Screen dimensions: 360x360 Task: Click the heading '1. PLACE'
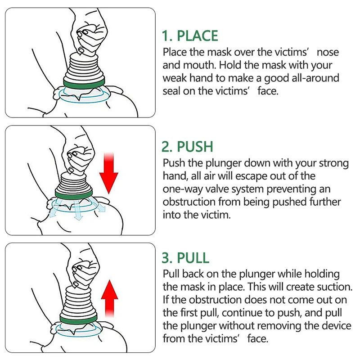[x=190, y=36]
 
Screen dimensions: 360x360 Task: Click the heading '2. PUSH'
[x=187, y=147]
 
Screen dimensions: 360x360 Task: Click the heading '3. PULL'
[x=185, y=258]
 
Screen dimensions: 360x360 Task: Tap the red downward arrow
[x=109, y=171]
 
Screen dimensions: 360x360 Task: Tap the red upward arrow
[x=108, y=297]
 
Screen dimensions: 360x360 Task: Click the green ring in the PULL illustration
[x=79, y=320]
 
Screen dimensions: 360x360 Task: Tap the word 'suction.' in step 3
[x=335, y=287]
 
